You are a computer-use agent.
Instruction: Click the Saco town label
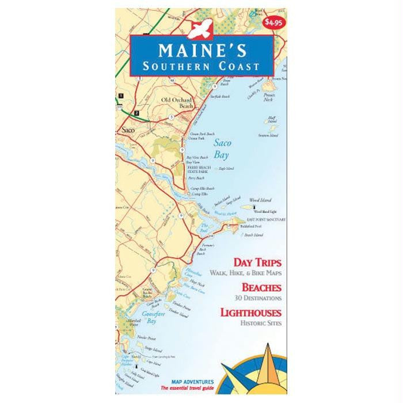128,131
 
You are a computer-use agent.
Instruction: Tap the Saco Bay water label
219,149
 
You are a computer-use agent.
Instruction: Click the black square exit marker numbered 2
136,112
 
